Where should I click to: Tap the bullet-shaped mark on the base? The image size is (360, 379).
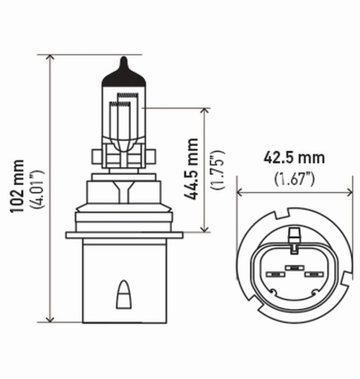(x=122, y=295)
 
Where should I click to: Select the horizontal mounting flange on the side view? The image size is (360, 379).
(x=122, y=234)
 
